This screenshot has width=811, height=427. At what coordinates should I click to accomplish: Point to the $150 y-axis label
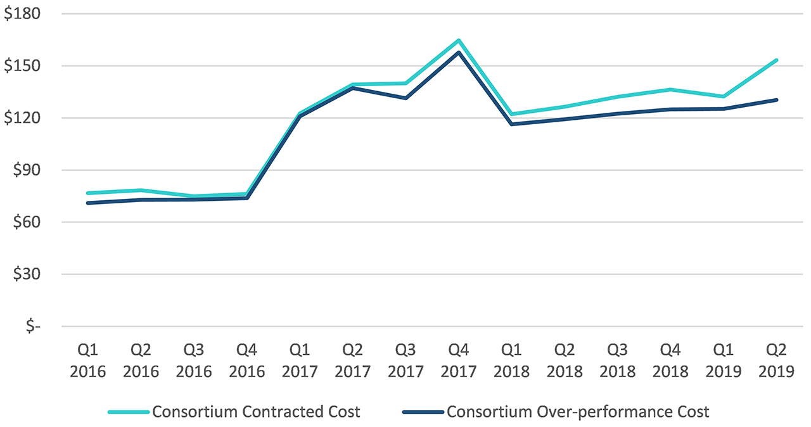point(22,66)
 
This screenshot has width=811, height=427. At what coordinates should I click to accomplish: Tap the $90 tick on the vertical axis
point(26,170)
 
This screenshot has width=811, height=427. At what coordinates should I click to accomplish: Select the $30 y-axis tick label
point(26,274)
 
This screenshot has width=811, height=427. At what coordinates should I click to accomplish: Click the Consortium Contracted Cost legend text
point(256,412)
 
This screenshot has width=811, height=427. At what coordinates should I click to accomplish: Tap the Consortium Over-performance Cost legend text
point(578,412)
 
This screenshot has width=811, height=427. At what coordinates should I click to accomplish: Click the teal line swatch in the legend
point(129,412)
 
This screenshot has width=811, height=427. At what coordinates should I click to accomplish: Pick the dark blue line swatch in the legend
point(423,412)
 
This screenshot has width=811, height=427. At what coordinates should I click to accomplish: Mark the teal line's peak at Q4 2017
point(458,41)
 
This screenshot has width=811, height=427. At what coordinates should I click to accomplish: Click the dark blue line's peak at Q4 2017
point(459,52)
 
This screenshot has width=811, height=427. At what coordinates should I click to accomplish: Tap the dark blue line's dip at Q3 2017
point(405,98)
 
